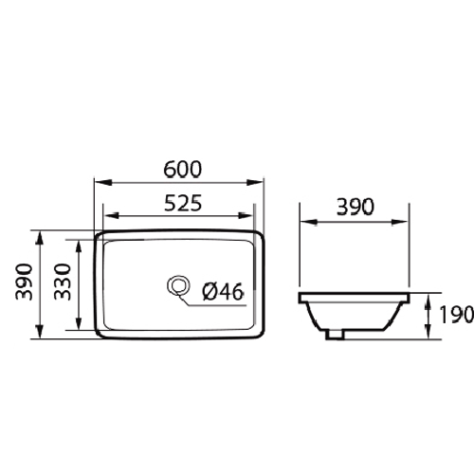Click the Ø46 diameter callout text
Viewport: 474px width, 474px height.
223,292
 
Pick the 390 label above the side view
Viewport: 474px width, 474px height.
355,207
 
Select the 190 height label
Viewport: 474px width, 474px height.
455,315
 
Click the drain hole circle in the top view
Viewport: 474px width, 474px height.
175,284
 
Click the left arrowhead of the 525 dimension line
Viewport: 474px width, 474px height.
107,215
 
